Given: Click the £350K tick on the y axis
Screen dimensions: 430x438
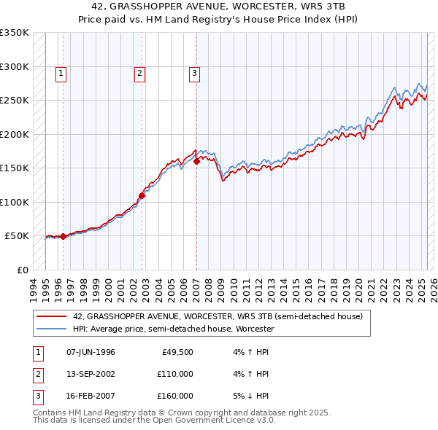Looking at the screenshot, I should pos(15,33).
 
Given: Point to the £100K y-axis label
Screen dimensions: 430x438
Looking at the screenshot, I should pos(15,202).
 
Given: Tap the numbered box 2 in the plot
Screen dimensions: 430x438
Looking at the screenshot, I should pos(139,73).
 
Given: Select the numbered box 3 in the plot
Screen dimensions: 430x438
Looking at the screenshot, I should pos(194,73).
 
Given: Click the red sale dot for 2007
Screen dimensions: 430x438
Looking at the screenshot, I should pos(196,162).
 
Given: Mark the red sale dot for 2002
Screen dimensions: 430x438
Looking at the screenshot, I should pos(142,195).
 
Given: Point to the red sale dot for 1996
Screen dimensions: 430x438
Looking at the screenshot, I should pos(64,236).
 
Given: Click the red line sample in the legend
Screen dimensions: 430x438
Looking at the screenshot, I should pos(52,316).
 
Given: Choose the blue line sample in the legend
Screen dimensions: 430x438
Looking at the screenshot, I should pos(52,329).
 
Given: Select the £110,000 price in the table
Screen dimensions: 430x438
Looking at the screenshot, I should pos(175,374).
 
